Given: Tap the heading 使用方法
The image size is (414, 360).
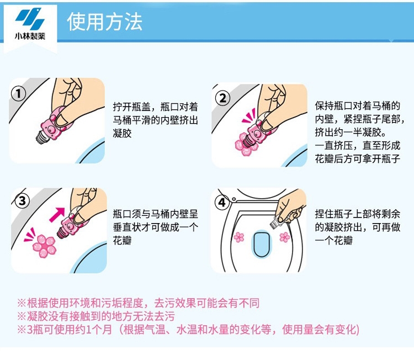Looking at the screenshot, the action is pos(104,22).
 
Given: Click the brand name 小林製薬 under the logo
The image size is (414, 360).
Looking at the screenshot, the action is pos(30,36).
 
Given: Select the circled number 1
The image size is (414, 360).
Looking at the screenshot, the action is pos(18,93).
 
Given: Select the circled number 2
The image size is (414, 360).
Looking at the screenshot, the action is pos(222,98).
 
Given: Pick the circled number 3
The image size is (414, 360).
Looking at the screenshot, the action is pos(22,201).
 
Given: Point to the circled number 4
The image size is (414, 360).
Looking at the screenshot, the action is pos(222,203).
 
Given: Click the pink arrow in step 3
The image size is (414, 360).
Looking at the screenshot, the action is pos(57,214).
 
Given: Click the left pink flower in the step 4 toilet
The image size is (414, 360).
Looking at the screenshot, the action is pos(239,237).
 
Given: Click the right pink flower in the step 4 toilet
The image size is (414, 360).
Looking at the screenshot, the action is pos(285,237).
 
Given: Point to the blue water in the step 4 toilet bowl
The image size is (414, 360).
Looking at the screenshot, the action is pos(262,244).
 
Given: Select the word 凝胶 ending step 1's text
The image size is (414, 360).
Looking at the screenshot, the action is pos(122,133).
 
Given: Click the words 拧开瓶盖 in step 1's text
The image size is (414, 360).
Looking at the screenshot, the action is pos(131,107).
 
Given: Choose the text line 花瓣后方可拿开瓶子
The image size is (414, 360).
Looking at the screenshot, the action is pos(358,158).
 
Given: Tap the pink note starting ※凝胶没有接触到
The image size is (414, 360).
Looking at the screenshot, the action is pos(96,316).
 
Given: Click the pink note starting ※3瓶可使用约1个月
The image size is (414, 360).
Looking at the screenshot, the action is pos(188,330).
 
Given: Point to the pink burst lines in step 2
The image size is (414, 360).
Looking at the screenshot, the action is pos(249,116).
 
